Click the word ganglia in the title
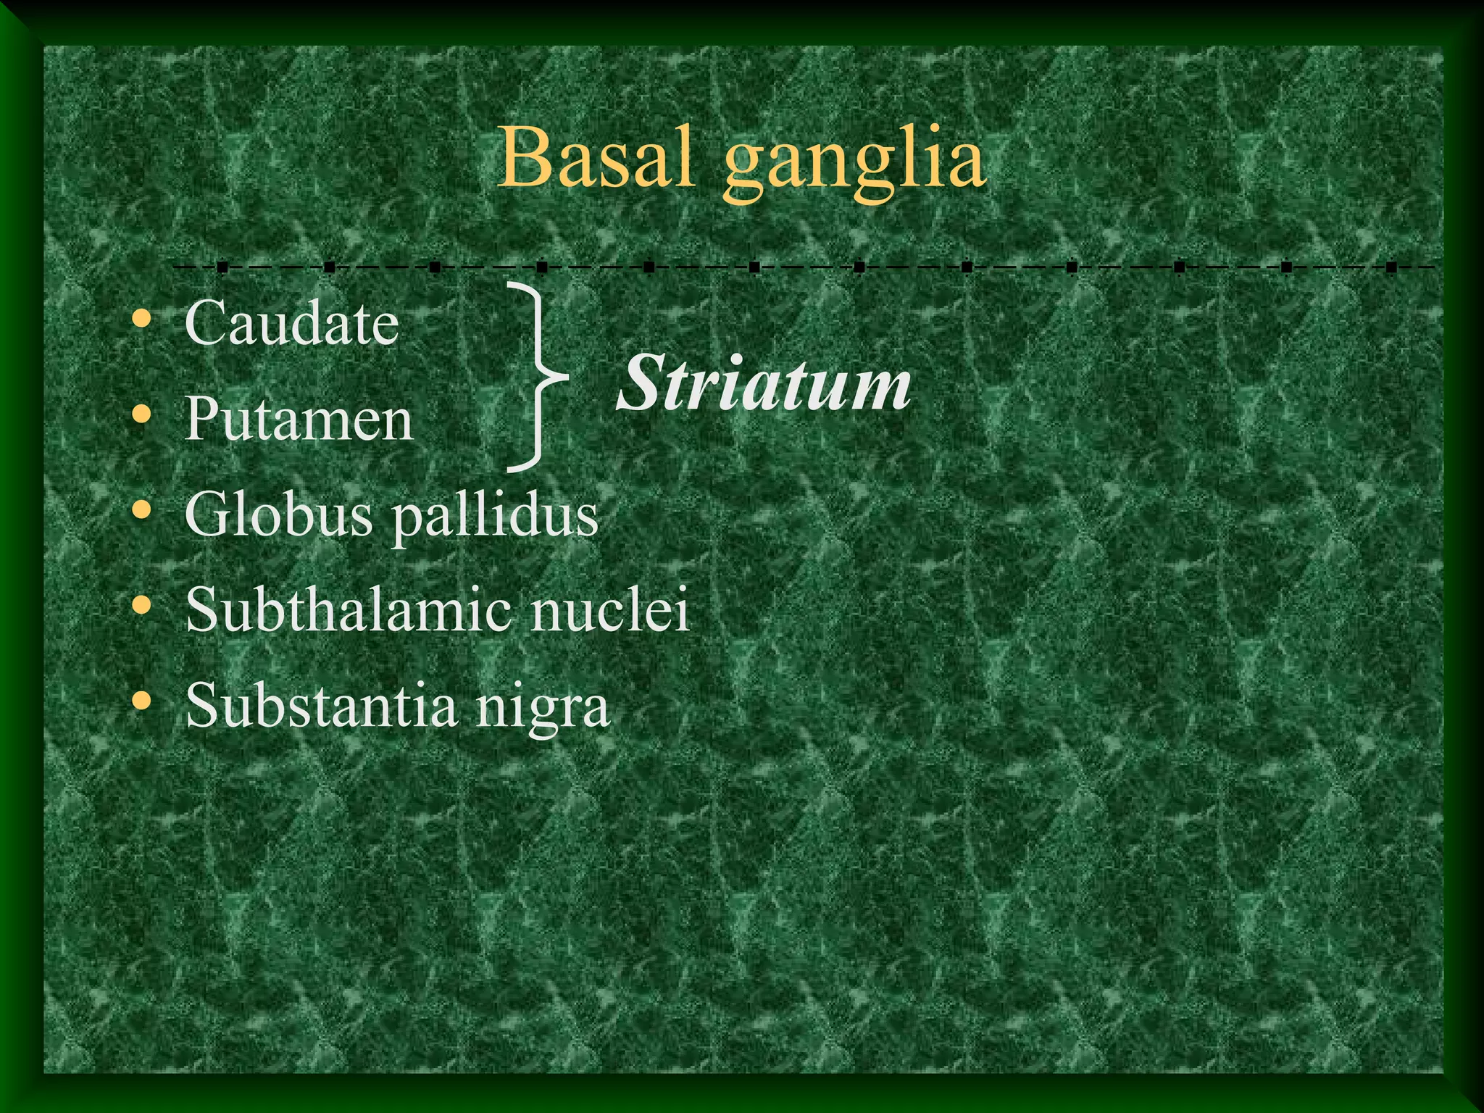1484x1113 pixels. (855, 163)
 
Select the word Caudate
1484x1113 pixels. (291, 322)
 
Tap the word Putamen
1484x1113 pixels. (299, 418)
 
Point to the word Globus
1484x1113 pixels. (278, 514)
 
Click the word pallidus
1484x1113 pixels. (496, 518)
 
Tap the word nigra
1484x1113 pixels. (543, 709)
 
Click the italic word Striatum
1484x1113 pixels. (764, 383)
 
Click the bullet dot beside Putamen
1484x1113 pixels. (142, 414)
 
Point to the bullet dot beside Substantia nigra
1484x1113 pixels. (142, 701)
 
